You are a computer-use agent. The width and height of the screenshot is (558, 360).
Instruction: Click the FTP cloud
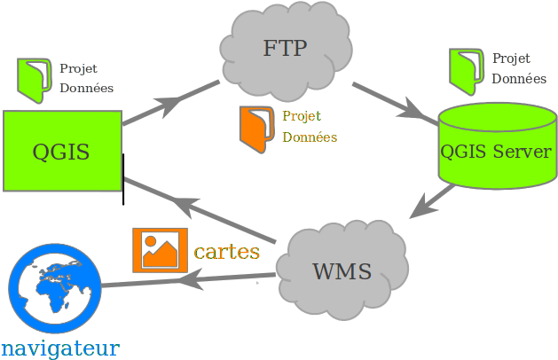click(x=285, y=49)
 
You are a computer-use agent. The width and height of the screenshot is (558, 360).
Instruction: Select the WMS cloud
click(x=342, y=270)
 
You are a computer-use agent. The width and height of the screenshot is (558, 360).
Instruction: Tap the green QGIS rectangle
click(x=61, y=151)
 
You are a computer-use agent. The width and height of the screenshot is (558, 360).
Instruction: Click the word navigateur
click(x=59, y=348)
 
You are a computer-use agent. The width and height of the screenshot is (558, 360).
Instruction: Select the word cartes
click(x=227, y=251)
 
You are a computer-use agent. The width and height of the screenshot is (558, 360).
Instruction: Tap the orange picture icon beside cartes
click(x=160, y=249)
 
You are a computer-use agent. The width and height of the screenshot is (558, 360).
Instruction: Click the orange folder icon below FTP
click(x=256, y=125)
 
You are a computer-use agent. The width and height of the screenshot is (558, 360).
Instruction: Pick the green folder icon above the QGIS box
click(x=36, y=77)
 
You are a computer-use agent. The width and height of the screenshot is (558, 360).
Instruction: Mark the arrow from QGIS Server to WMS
click(x=432, y=203)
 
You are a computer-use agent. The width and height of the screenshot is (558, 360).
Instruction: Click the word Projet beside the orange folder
click(x=302, y=116)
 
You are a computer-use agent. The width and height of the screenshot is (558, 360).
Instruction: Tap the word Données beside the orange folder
click(x=310, y=137)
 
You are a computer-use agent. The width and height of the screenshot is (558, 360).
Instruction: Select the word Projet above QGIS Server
click(x=511, y=59)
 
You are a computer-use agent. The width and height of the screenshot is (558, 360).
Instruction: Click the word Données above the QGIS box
click(x=86, y=89)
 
